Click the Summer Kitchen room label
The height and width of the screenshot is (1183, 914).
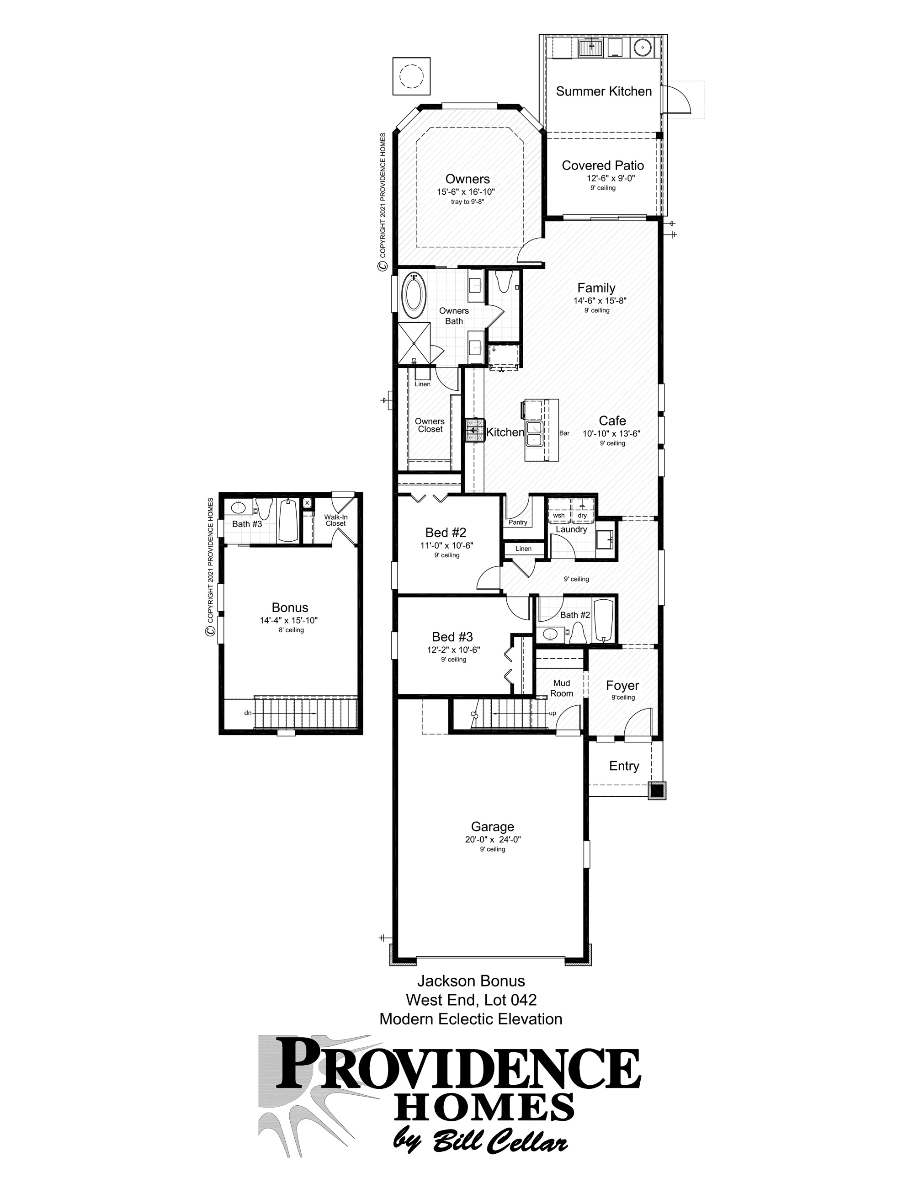click(604, 91)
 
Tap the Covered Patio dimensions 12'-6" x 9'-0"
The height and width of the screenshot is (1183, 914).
click(603, 178)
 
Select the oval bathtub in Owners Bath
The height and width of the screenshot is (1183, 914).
click(414, 296)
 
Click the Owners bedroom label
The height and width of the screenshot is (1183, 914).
click(468, 179)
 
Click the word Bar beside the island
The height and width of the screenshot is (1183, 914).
click(564, 433)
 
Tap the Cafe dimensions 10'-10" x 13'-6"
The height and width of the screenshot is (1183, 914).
click(611, 433)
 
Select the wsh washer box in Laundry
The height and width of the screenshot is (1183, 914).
click(559, 515)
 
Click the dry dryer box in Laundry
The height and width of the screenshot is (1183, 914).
click(582, 515)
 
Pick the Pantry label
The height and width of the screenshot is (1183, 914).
click(518, 522)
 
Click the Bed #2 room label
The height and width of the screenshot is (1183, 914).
click(446, 533)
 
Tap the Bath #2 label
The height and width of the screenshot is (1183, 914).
click(574, 615)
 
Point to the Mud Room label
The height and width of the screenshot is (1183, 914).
click(562, 688)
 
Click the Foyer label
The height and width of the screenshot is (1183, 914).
click(622, 686)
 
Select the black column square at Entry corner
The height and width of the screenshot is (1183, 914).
click(657, 790)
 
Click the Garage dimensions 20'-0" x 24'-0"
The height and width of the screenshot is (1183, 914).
click(492, 840)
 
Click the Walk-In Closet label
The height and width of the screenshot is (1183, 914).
click(336, 520)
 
